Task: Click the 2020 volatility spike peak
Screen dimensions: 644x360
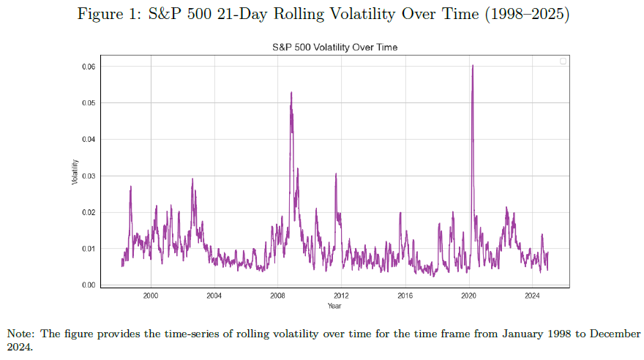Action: [473, 66]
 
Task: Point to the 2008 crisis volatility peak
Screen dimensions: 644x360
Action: [291, 93]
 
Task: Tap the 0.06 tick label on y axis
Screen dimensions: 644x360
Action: [89, 67]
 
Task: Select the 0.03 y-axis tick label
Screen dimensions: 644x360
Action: [89, 176]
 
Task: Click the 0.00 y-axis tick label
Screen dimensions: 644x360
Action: [89, 285]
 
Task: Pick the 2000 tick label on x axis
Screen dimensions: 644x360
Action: [151, 296]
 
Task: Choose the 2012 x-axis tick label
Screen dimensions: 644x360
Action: [341, 296]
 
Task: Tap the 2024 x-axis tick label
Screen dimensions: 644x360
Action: [532, 296]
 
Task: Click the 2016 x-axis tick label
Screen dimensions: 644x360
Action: [405, 296]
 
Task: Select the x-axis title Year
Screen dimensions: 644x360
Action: [334, 306]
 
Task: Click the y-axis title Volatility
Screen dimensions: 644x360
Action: [75, 172]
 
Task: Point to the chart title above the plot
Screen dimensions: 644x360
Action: [334, 48]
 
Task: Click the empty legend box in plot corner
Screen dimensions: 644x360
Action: [563, 61]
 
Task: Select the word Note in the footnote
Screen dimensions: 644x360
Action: [20, 334]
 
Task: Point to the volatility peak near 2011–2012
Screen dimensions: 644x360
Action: [336, 174]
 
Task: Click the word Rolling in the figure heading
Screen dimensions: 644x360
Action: [299, 15]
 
